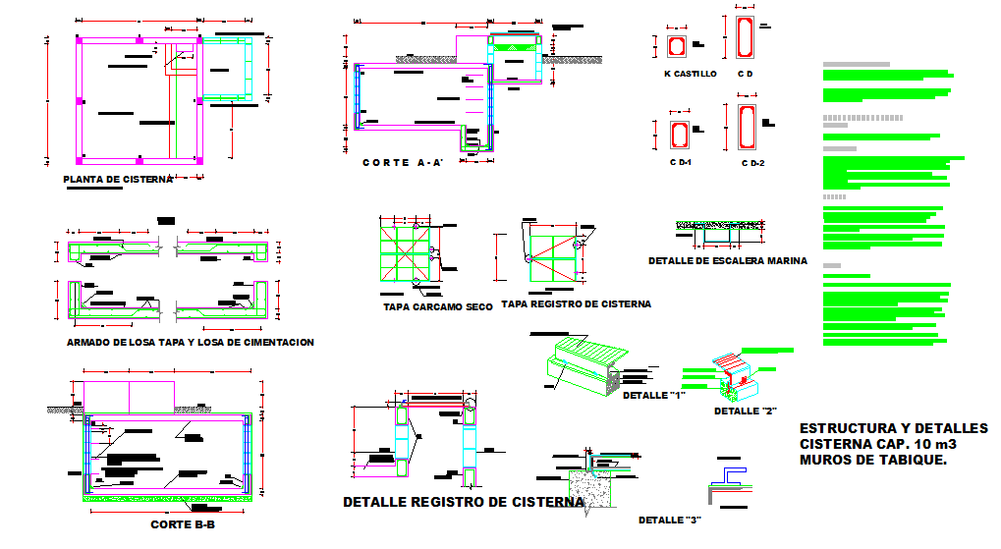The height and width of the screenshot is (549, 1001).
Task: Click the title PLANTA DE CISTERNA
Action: click(117, 180)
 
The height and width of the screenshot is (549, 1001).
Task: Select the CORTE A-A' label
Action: click(404, 163)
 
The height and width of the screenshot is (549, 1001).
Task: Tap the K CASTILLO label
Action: click(690, 74)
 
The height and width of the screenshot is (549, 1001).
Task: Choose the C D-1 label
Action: click(681, 161)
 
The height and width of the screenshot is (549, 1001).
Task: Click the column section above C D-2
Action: click(744, 127)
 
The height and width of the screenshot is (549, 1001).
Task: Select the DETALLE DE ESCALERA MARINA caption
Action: click(727, 261)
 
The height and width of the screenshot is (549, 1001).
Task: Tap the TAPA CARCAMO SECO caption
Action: click(437, 307)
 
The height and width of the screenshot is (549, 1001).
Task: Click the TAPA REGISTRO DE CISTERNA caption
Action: click(576, 304)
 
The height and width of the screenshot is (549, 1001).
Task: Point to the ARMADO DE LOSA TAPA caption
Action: click(190, 343)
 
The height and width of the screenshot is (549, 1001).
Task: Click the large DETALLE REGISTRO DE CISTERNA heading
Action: click(463, 503)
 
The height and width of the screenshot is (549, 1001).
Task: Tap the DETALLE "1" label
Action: click(652, 395)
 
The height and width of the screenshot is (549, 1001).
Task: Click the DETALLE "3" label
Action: click(668, 520)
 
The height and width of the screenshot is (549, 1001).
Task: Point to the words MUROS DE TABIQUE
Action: click(873, 460)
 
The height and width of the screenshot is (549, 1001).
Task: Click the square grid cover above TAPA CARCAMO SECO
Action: click(407, 250)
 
